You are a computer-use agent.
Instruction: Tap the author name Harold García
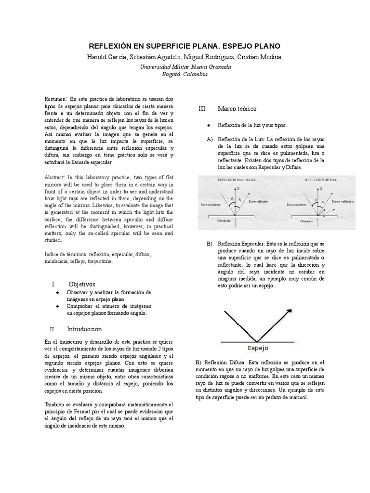click(106, 57)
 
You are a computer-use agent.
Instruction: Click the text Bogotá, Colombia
click(185, 74)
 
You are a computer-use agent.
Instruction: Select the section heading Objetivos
click(82, 284)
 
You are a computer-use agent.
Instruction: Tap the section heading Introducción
click(85, 329)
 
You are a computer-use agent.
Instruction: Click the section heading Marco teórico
click(237, 109)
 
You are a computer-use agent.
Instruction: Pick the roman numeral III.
click(202, 109)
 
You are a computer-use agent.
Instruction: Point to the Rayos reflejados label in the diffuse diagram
click(343, 202)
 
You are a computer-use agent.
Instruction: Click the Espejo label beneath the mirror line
click(258, 348)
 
